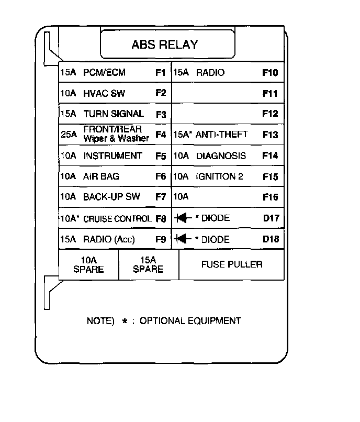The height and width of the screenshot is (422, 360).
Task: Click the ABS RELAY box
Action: click(x=164, y=45)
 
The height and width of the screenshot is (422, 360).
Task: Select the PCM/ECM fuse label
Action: click(x=105, y=73)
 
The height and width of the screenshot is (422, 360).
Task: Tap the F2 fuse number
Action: click(x=161, y=93)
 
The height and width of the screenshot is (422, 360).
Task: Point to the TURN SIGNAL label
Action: click(x=113, y=114)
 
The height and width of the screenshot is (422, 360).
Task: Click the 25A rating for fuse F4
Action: click(x=69, y=135)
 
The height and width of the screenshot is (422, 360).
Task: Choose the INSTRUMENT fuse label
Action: click(x=113, y=156)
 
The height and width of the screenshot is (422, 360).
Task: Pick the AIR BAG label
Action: click(x=101, y=176)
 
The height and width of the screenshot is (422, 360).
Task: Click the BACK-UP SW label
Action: click(x=111, y=197)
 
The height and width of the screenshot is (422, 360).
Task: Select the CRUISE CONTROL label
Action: click(x=117, y=219)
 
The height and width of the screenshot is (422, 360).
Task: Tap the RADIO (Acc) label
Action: click(x=109, y=240)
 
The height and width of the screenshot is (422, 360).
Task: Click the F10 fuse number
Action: click(x=270, y=73)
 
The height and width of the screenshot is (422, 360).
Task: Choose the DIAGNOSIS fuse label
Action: click(x=221, y=156)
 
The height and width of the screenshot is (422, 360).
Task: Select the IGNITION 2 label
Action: click(x=219, y=176)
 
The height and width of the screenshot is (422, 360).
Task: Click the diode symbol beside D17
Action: click(x=183, y=218)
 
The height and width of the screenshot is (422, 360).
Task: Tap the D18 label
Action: click(x=271, y=240)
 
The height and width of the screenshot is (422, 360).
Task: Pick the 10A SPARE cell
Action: click(x=88, y=264)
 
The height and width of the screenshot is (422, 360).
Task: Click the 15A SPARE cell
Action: click(x=148, y=264)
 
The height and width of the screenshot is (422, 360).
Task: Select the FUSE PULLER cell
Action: click(x=232, y=264)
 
